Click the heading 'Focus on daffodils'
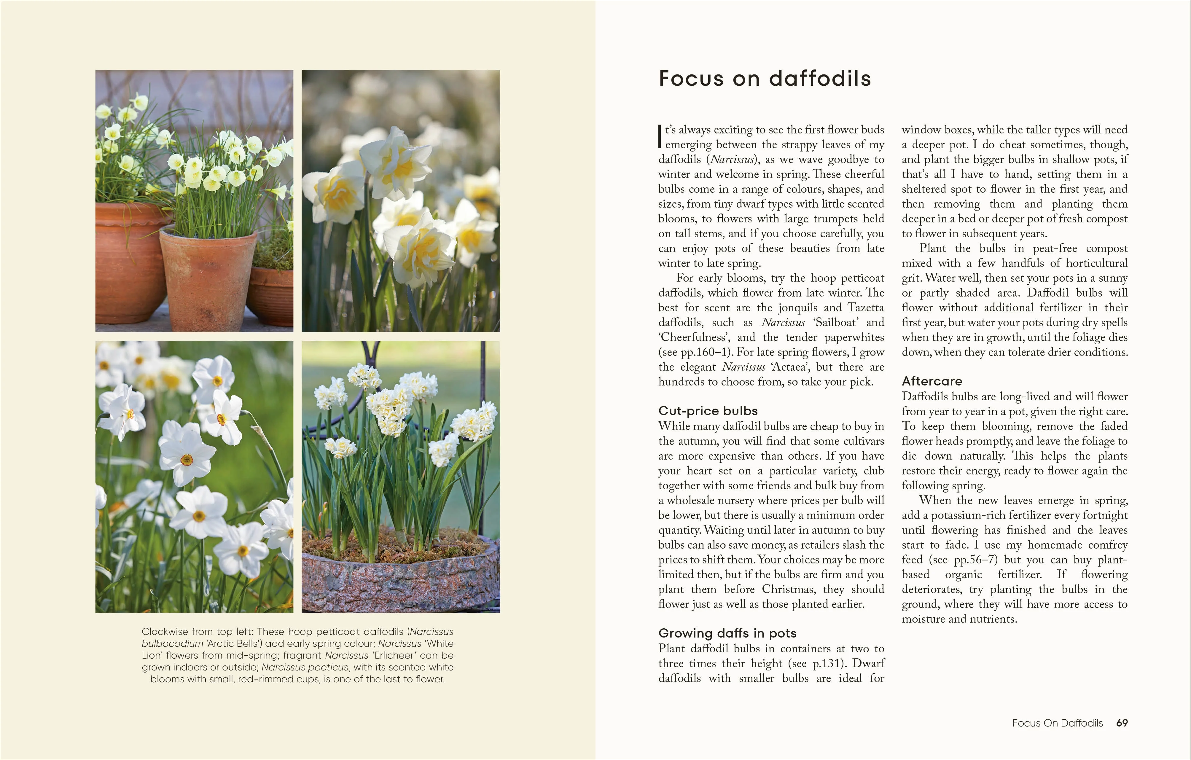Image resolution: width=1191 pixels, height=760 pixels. pyautogui.click(x=765, y=79)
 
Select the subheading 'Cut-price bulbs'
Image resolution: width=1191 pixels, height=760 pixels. pyautogui.click(x=708, y=411)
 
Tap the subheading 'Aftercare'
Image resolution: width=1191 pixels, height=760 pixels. pyautogui.click(x=932, y=381)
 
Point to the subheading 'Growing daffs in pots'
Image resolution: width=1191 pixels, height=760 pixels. pyautogui.click(x=727, y=633)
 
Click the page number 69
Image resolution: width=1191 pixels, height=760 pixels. pyautogui.click(x=1122, y=723)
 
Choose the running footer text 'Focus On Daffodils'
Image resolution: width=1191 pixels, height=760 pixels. pyautogui.click(x=1057, y=723)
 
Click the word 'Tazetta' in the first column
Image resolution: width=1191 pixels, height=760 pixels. pyautogui.click(x=866, y=307)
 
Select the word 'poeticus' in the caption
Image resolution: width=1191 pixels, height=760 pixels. pyautogui.click(x=329, y=667)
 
